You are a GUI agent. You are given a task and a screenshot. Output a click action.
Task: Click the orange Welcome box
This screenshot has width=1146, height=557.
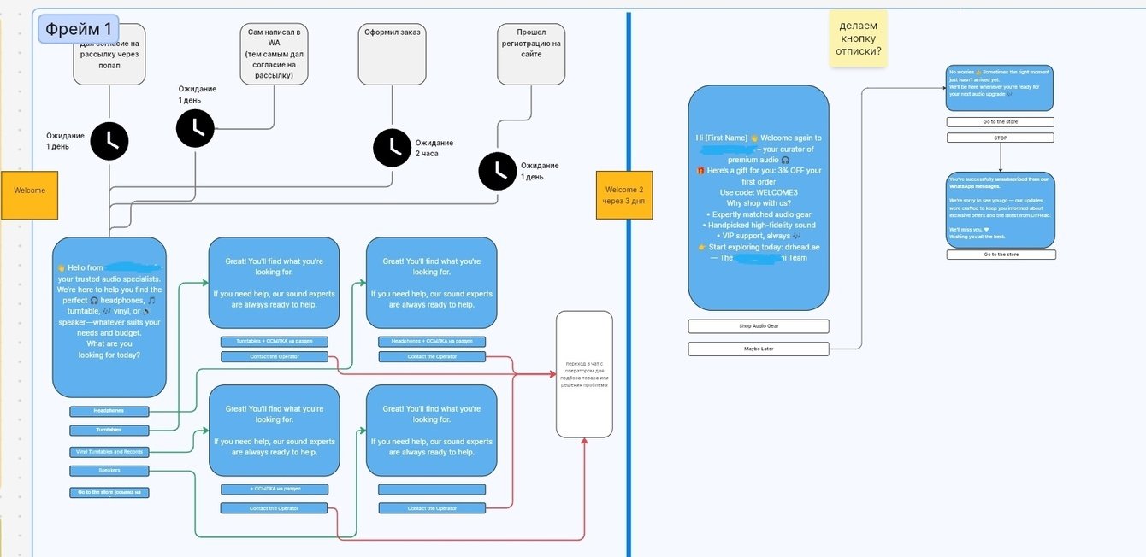[x=29, y=191]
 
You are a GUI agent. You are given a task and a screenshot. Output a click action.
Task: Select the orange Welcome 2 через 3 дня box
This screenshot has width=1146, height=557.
[x=623, y=195]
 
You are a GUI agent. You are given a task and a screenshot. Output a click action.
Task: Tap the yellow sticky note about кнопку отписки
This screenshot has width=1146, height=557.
[x=858, y=38]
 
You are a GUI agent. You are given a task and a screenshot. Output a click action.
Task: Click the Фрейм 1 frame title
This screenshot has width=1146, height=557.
[x=79, y=29]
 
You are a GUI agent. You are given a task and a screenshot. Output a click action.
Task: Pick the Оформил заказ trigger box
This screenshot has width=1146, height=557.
[x=393, y=54]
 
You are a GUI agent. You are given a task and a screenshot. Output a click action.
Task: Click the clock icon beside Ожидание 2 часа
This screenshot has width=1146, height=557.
[x=392, y=147]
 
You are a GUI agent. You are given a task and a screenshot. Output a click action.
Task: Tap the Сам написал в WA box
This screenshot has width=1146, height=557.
[x=275, y=54]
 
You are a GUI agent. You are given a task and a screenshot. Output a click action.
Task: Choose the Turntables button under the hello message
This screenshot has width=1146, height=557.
[x=109, y=430]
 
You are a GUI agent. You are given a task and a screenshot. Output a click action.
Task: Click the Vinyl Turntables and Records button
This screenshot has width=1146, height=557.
[x=109, y=452]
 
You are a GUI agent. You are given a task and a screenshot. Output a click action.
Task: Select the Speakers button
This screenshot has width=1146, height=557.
[x=109, y=471]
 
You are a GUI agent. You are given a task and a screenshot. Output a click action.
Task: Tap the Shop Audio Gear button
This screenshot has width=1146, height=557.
[x=758, y=326]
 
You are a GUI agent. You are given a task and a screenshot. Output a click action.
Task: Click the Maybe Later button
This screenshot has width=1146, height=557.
[x=758, y=349]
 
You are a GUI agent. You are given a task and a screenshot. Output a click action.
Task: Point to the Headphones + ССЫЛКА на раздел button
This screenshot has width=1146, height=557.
[x=432, y=342]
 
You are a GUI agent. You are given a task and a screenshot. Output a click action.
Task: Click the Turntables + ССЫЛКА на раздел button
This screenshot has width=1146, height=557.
[x=274, y=342]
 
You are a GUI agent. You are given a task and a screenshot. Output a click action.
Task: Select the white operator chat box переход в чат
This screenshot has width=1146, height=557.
[x=584, y=374]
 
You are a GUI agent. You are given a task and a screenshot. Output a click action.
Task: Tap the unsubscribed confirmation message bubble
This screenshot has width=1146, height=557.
[x=1000, y=209]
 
